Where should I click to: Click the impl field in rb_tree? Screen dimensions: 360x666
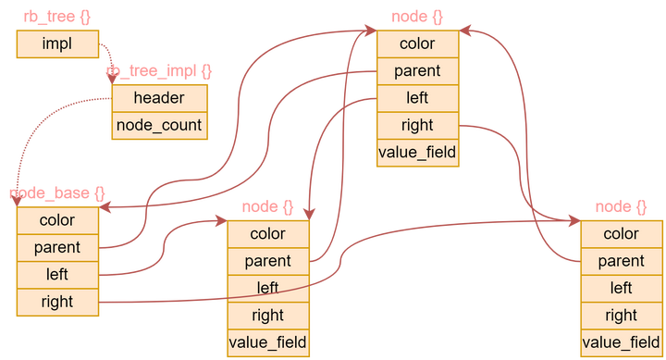coord(56,43)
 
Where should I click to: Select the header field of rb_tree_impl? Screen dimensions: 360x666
coord(159,98)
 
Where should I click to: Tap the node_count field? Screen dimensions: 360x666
coord(159,126)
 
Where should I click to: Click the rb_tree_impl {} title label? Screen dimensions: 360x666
coord(159,71)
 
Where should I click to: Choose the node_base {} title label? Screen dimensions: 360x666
coord(57,193)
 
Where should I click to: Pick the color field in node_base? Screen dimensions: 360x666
coord(57,221)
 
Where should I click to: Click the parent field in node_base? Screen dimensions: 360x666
coord(57,248)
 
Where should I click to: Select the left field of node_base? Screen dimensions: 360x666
coord(57,275)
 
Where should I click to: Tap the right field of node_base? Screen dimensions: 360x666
coord(57,302)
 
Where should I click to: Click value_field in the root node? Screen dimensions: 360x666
coord(417,153)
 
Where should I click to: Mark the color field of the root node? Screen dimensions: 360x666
coord(417,43)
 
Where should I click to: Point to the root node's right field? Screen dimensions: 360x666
coord(417,126)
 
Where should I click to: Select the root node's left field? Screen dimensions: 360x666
coord(417,98)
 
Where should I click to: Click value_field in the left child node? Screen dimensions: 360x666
coord(268,343)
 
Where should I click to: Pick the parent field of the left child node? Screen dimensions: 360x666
coord(268,262)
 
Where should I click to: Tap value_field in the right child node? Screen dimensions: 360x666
coord(621,343)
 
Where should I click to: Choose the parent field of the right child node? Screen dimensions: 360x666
coord(621,262)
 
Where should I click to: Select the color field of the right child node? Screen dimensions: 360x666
coord(621,234)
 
